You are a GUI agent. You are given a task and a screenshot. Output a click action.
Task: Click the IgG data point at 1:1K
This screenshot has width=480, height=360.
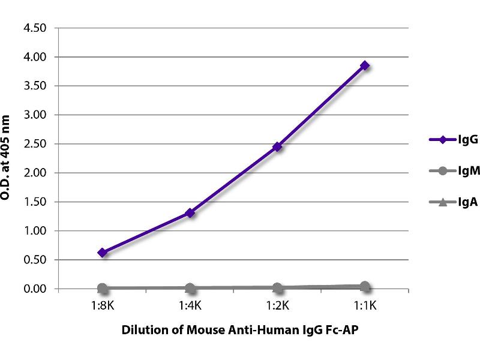pyautogui.click(x=364, y=66)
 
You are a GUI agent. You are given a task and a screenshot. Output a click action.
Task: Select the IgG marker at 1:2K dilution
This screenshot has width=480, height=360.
pyautogui.click(x=277, y=146)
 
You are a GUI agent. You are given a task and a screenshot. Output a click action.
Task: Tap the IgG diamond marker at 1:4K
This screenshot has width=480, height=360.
pyautogui.click(x=190, y=212)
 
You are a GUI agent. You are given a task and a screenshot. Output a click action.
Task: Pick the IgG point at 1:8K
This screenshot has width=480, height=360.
pyautogui.click(x=103, y=253)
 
